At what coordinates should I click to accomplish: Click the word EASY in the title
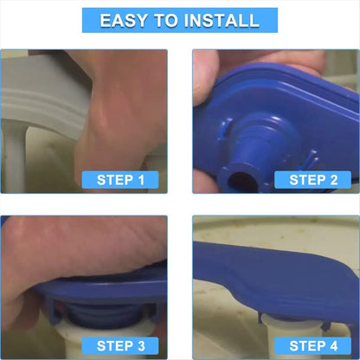[123, 21]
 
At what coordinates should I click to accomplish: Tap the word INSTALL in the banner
[222, 21]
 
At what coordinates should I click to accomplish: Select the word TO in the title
[165, 21]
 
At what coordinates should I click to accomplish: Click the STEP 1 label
[120, 180]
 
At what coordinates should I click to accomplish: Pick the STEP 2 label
[312, 180]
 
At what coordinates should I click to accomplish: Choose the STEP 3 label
[120, 346]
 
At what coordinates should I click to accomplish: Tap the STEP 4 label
[312, 346]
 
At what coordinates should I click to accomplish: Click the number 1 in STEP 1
[141, 180]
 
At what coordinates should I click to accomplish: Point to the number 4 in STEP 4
[334, 346]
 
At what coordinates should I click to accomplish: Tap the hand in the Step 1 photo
[121, 115]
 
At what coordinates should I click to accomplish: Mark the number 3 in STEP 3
[141, 346]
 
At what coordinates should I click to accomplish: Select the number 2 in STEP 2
[334, 180]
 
